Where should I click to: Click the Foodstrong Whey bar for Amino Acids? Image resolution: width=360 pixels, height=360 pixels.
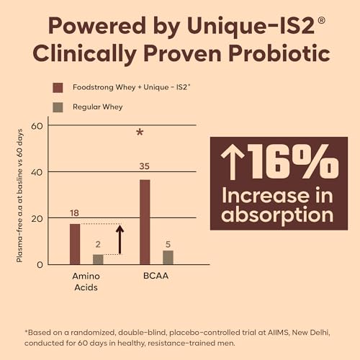75,244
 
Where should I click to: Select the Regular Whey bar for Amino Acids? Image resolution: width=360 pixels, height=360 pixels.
98,259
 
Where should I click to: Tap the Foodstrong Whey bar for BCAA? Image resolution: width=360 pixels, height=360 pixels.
145,222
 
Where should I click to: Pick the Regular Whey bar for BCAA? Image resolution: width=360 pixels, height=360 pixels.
168,258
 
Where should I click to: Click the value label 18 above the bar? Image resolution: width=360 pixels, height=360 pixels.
74,213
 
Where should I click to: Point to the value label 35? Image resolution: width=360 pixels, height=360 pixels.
144,166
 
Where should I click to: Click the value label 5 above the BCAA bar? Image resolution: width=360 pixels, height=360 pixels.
168,244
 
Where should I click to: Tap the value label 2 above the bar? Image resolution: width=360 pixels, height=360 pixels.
98,244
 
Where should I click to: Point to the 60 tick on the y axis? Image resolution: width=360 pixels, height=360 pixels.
37,126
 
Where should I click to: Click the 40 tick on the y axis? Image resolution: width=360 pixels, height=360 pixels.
37,172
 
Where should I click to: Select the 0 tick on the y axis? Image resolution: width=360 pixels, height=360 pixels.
40,265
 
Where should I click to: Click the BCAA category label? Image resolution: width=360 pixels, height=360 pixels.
156,276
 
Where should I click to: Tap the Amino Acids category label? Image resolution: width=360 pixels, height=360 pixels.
86,282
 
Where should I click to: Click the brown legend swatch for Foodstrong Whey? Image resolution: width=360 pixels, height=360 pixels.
58,88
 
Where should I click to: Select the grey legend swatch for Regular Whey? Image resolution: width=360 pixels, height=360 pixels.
58,107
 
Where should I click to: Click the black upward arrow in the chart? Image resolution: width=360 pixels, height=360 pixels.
120,239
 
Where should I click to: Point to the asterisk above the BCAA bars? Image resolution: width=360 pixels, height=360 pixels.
140,132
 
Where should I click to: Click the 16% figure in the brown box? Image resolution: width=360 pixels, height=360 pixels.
293,161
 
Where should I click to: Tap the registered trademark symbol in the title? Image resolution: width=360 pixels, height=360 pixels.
321,20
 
